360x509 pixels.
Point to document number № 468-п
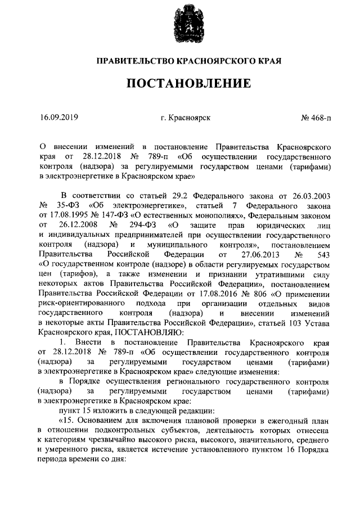pyautogui.click(x=316, y=118)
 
